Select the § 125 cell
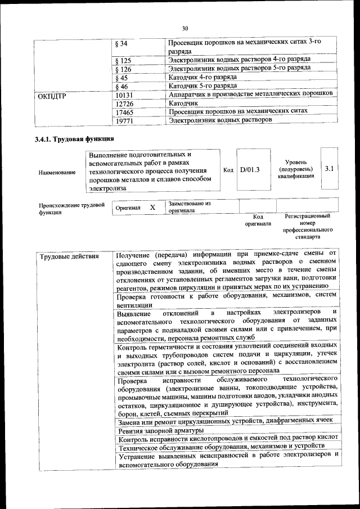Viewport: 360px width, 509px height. pos(123,60)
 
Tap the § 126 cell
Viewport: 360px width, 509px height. pos(123,69)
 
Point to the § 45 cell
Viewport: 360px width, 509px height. pos(121,78)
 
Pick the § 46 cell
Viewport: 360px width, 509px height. pos(121,86)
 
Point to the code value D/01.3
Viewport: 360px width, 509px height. pos(250,170)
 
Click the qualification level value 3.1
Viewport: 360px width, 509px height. pos(330,168)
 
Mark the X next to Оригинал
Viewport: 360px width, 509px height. pos(152,207)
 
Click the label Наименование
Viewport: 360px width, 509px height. pos(57,172)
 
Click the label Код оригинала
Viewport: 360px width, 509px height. pos(258,220)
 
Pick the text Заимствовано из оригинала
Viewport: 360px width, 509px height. pos(189,207)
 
